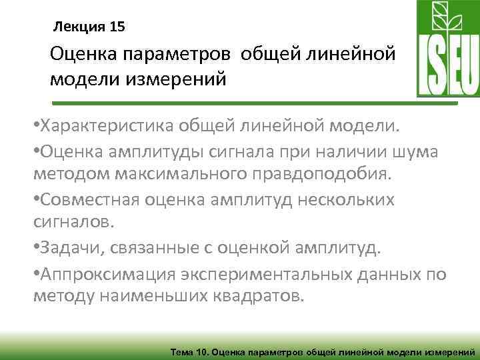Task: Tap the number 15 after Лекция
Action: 115,27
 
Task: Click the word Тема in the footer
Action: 182,350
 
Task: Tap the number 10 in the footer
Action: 202,350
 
